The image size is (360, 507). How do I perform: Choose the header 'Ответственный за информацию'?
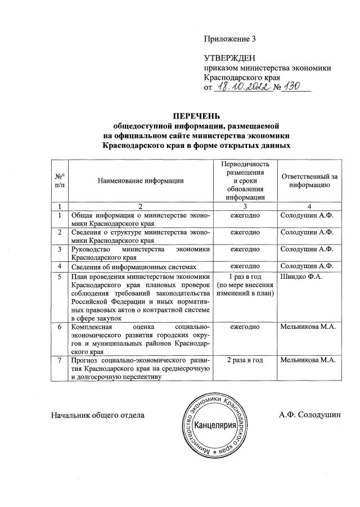click(x=309, y=180)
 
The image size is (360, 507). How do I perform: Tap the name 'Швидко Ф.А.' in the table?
click(x=300, y=277)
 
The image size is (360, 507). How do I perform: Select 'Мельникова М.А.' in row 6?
click(x=307, y=327)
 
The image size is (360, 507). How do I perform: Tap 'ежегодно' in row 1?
click(x=245, y=215)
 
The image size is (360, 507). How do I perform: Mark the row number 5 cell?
click(x=60, y=277)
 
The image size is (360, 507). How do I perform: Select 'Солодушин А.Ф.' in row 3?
click(x=307, y=248)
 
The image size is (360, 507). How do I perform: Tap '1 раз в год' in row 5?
click(x=245, y=277)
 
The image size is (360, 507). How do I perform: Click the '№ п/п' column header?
click(x=60, y=180)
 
